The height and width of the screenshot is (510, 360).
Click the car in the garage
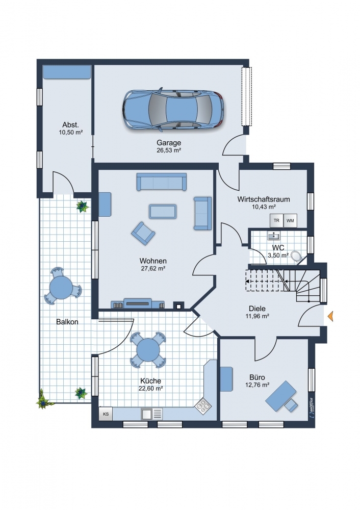(173, 109)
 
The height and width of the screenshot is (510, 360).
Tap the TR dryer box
(276, 220)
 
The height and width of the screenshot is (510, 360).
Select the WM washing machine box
(290, 220)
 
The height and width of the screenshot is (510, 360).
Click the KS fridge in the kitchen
(106, 414)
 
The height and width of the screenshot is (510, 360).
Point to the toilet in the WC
(296, 256)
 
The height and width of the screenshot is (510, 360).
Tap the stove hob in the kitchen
(203, 405)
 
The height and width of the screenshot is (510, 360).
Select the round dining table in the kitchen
(148, 350)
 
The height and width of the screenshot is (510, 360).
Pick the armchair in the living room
(143, 233)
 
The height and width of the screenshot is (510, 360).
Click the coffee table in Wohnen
(163, 212)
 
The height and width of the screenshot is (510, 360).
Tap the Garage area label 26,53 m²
(169, 150)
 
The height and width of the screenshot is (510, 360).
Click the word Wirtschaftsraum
(264, 199)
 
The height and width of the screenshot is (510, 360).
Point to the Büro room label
(257, 377)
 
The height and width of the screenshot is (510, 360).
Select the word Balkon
(67, 322)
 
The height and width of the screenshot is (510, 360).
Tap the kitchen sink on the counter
(151, 414)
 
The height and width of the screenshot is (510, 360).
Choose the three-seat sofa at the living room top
(162, 182)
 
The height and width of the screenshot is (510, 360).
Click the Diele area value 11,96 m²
(257, 316)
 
